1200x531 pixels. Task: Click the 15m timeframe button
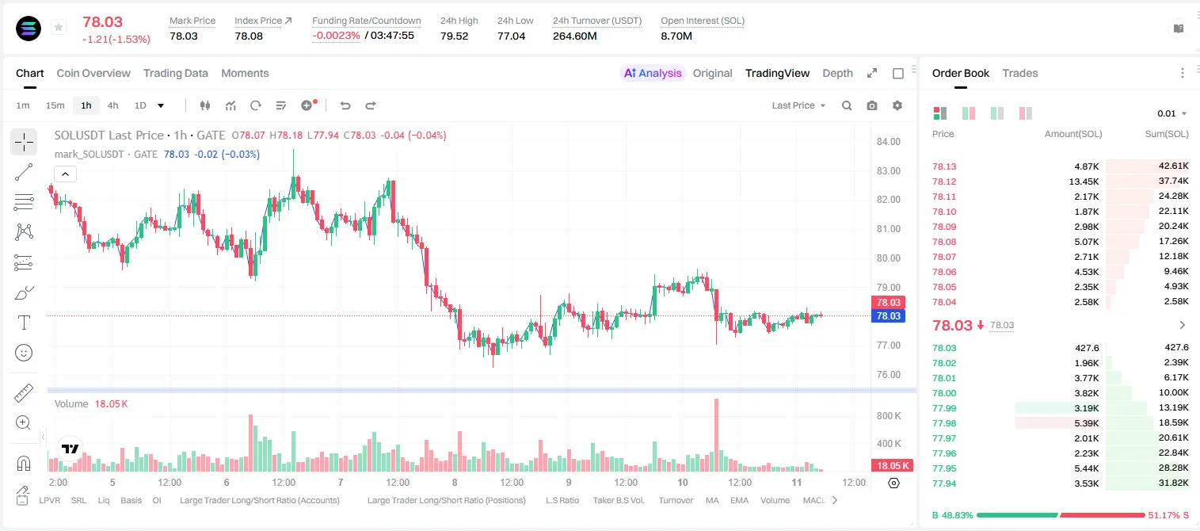click(x=55, y=105)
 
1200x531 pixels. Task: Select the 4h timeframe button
click(x=112, y=105)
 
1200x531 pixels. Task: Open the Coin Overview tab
click(x=93, y=73)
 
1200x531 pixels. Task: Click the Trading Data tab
click(x=175, y=73)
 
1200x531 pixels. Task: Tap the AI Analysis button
click(x=653, y=73)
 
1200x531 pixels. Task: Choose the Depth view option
click(x=837, y=73)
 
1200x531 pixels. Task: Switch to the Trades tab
click(x=1020, y=73)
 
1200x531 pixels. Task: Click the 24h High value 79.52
click(x=455, y=36)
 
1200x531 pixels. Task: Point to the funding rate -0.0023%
click(x=336, y=36)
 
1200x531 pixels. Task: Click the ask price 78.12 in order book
click(x=944, y=181)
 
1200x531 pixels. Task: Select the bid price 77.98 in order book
click(x=944, y=423)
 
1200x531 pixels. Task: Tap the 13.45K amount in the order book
click(x=1084, y=181)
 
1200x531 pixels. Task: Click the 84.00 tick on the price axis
click(x=888, y=141)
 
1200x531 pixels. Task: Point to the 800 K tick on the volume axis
click(x=889, y=416)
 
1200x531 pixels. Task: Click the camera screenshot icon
click(x=872, y=105)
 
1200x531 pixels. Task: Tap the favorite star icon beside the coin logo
click(x=59, y=27)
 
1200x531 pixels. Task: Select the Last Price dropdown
click(x=798, y=105)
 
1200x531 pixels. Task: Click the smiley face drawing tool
click(x=24, y=353)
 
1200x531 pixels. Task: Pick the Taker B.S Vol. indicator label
click(x=618, y=500)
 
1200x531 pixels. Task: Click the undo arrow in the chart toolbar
click(x=345, y=105)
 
